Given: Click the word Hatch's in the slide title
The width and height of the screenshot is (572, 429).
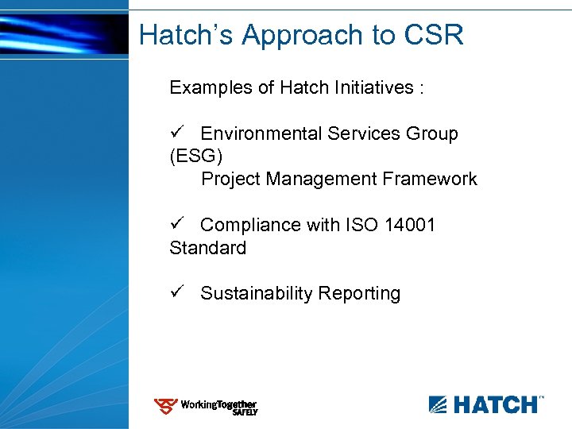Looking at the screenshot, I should click(186, 35).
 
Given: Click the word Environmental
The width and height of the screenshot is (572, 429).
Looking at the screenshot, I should click(261, 133).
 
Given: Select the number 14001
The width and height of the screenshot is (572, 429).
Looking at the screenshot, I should click(410, 225).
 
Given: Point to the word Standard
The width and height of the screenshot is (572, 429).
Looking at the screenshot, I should click(207, 248).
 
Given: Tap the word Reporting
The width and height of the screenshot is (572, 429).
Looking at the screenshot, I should click(360, 293).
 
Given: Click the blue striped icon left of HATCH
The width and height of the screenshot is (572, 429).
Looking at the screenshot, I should click(439, 404).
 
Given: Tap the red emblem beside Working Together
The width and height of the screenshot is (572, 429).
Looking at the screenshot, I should click(165, 407).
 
